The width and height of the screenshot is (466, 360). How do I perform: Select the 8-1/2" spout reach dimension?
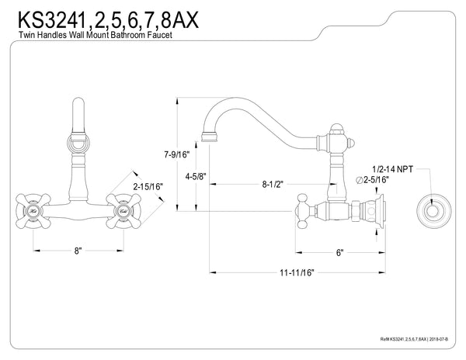(x=273, y=185)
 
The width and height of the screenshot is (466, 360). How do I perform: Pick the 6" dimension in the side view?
(x=339, y=251)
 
